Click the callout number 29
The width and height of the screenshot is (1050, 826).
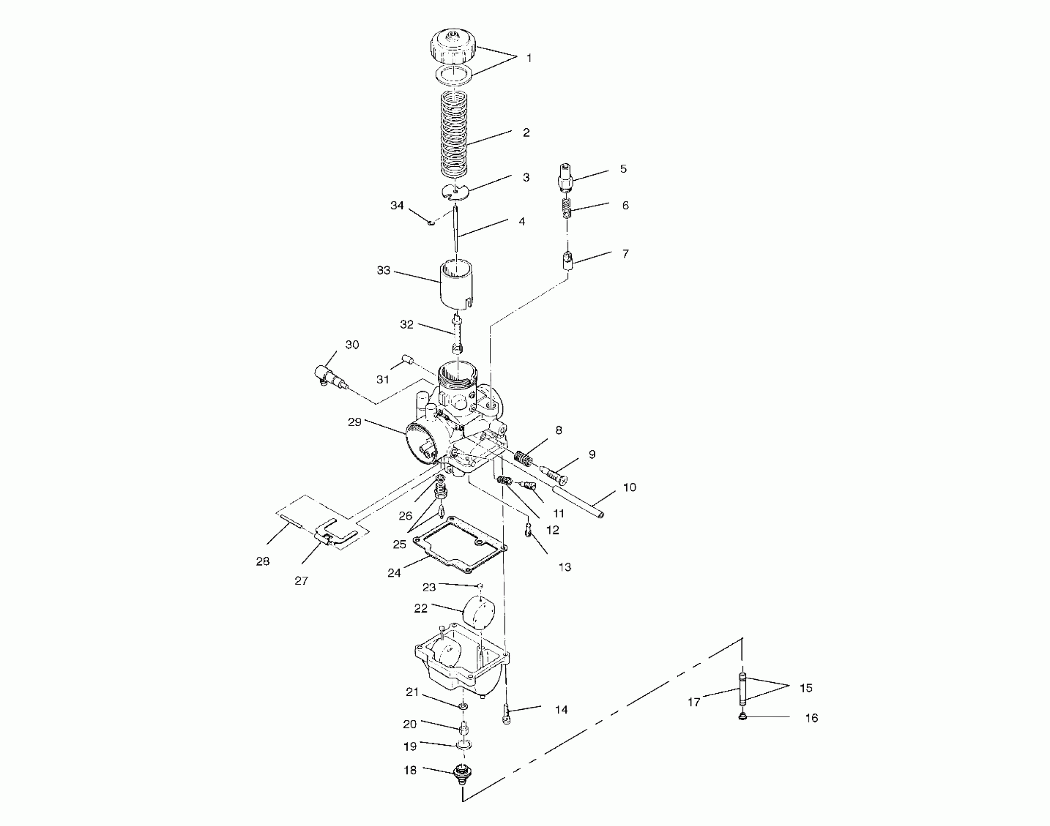pyautogui.click(x=355, y=422)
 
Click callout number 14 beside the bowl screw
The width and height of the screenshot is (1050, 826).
pyautogui.click(x=561, y=710)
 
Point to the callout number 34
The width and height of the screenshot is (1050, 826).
pyautogui.click(x=397, y=206)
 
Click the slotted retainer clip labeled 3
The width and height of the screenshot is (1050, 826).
pyautogui.click(x=456, y=191)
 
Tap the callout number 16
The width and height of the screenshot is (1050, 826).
pyautogui.click(x=811, y=718)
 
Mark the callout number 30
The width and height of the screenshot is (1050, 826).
pyautogui.click(x=352, y=344)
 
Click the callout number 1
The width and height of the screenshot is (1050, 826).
pyautogui.click(x=529, y=58)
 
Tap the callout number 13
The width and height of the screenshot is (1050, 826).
pyautogui.click(x=565, y=567)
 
